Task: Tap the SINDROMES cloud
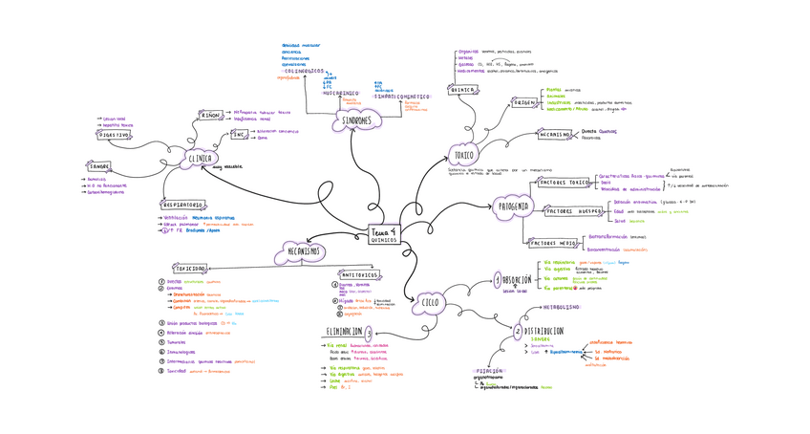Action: click(x=356, y=120)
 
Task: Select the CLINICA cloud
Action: click(x=200, y=159)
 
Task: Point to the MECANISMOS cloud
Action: click(x=303, y=251)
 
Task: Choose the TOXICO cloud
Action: click(x=465, y=154)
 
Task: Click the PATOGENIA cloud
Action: click(x=514, y=206)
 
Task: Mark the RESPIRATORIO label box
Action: click(x=181, y=205)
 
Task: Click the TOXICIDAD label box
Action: click(x=189, y=269)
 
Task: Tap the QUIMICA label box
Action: click(x=462, y=90)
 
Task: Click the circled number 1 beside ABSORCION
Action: click(x=497, y=280)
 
